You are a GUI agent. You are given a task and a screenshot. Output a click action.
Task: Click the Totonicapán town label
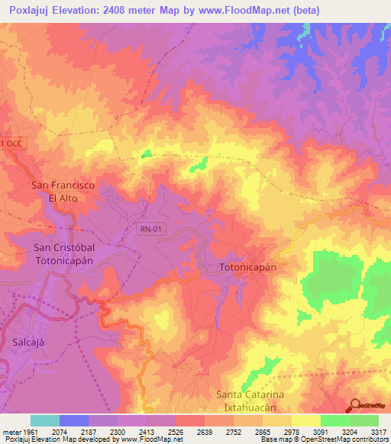pyautogui.click(x=247, y=269)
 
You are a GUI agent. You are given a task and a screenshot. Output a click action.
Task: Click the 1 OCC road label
pyautogui.click(x=12, y=143)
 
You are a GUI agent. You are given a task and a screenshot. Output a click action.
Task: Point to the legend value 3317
pyautogui.click(x=377, y=433)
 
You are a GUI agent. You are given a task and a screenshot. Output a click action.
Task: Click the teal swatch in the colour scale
pyautogui.click(x=44, y=420)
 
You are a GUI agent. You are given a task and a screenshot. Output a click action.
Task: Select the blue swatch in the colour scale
pyautogui.click(x=73, y=420)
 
